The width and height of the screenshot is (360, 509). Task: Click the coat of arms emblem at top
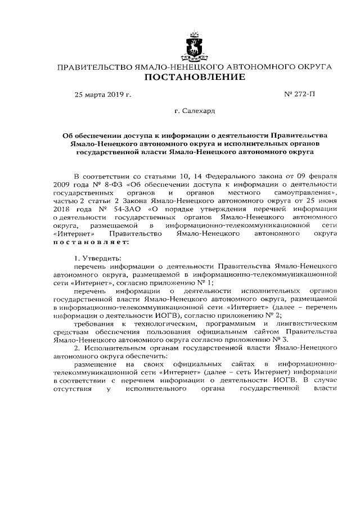pos(195,46)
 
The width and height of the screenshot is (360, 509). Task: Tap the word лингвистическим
pos(308,324)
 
